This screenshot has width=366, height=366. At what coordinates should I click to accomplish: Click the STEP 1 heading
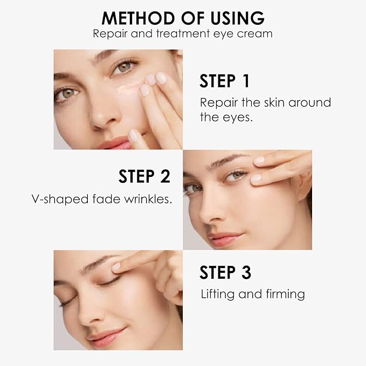pos(225,81)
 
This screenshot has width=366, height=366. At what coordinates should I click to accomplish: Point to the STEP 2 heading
pos(144,176)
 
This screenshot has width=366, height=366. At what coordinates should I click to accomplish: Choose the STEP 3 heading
pos(225,272)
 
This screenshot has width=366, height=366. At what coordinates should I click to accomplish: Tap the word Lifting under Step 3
pos(217,294)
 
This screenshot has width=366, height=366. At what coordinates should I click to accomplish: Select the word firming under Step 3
pos(285,294)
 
